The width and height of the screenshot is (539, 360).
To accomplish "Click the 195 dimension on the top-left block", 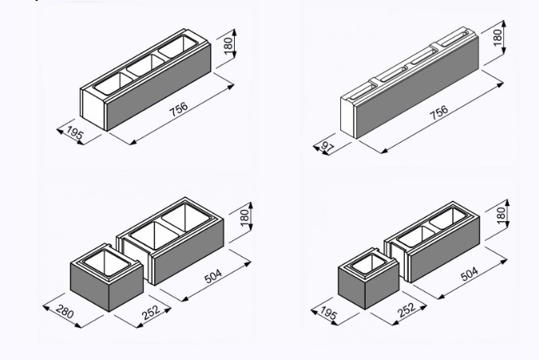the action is point(74,133).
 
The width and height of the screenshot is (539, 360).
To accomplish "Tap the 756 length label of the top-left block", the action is point(179,109).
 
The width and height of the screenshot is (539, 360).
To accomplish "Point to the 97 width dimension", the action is point(327,147).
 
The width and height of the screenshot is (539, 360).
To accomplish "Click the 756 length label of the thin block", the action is point(439,113).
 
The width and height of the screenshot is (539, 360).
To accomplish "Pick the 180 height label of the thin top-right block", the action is point(497,37).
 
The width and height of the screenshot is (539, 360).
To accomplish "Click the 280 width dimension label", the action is point(65,311).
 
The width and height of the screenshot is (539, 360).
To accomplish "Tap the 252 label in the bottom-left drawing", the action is point(151,312).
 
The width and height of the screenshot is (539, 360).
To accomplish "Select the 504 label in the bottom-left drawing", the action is point(213,276).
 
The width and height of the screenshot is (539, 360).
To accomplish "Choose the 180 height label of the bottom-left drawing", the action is point(244,217).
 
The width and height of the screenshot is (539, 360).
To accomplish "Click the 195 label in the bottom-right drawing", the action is point(329,313).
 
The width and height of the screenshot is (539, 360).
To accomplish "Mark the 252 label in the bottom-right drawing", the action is point(406,310).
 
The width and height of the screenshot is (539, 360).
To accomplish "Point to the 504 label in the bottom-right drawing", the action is point(469,274).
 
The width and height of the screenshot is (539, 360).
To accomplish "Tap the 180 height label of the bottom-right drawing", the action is point(501,215).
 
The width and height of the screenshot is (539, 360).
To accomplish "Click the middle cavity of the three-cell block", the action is point(146,65).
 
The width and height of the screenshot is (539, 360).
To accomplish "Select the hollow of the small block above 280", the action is point(107,262).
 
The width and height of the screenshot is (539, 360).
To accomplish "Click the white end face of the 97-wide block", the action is point(347,117).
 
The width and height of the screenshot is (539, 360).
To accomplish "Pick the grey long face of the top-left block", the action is point(158,87).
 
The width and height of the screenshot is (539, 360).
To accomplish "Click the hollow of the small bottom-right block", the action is point(368,264).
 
